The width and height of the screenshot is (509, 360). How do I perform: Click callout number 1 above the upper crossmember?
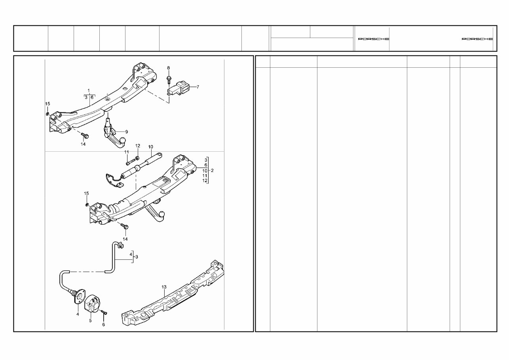(89, 90)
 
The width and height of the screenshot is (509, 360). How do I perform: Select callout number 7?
(198, 86)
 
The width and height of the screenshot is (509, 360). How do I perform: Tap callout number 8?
(168, 68)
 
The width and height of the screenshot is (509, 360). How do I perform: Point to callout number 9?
(127, 131)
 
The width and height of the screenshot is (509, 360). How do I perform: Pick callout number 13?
(164, 286)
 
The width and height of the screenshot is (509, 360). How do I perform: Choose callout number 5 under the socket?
(90, 320)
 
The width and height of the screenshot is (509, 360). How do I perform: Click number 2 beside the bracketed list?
(213, 170)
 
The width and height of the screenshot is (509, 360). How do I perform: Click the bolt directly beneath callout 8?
(168, 78)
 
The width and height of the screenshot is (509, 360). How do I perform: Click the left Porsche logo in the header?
(373, 39)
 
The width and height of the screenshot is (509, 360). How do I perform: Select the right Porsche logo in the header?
(477, 39)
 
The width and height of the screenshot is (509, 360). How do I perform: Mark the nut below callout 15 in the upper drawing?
(47, 113)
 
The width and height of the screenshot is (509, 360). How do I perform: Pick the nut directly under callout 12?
(137, 158)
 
